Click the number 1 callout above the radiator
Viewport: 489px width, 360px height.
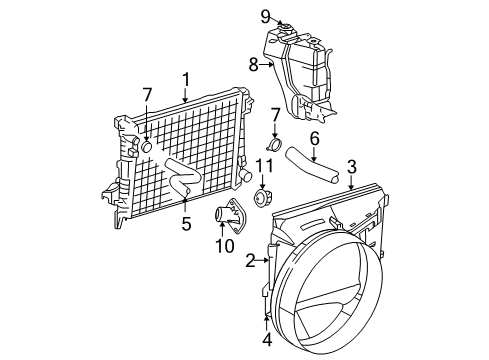pos(186,78)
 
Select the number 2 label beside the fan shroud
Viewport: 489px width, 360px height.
pos(249,262)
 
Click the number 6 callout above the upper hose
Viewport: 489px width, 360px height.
pos(313,139)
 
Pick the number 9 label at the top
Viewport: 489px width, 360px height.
pos(266,15)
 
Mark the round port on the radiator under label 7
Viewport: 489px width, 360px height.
pos(145,147)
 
